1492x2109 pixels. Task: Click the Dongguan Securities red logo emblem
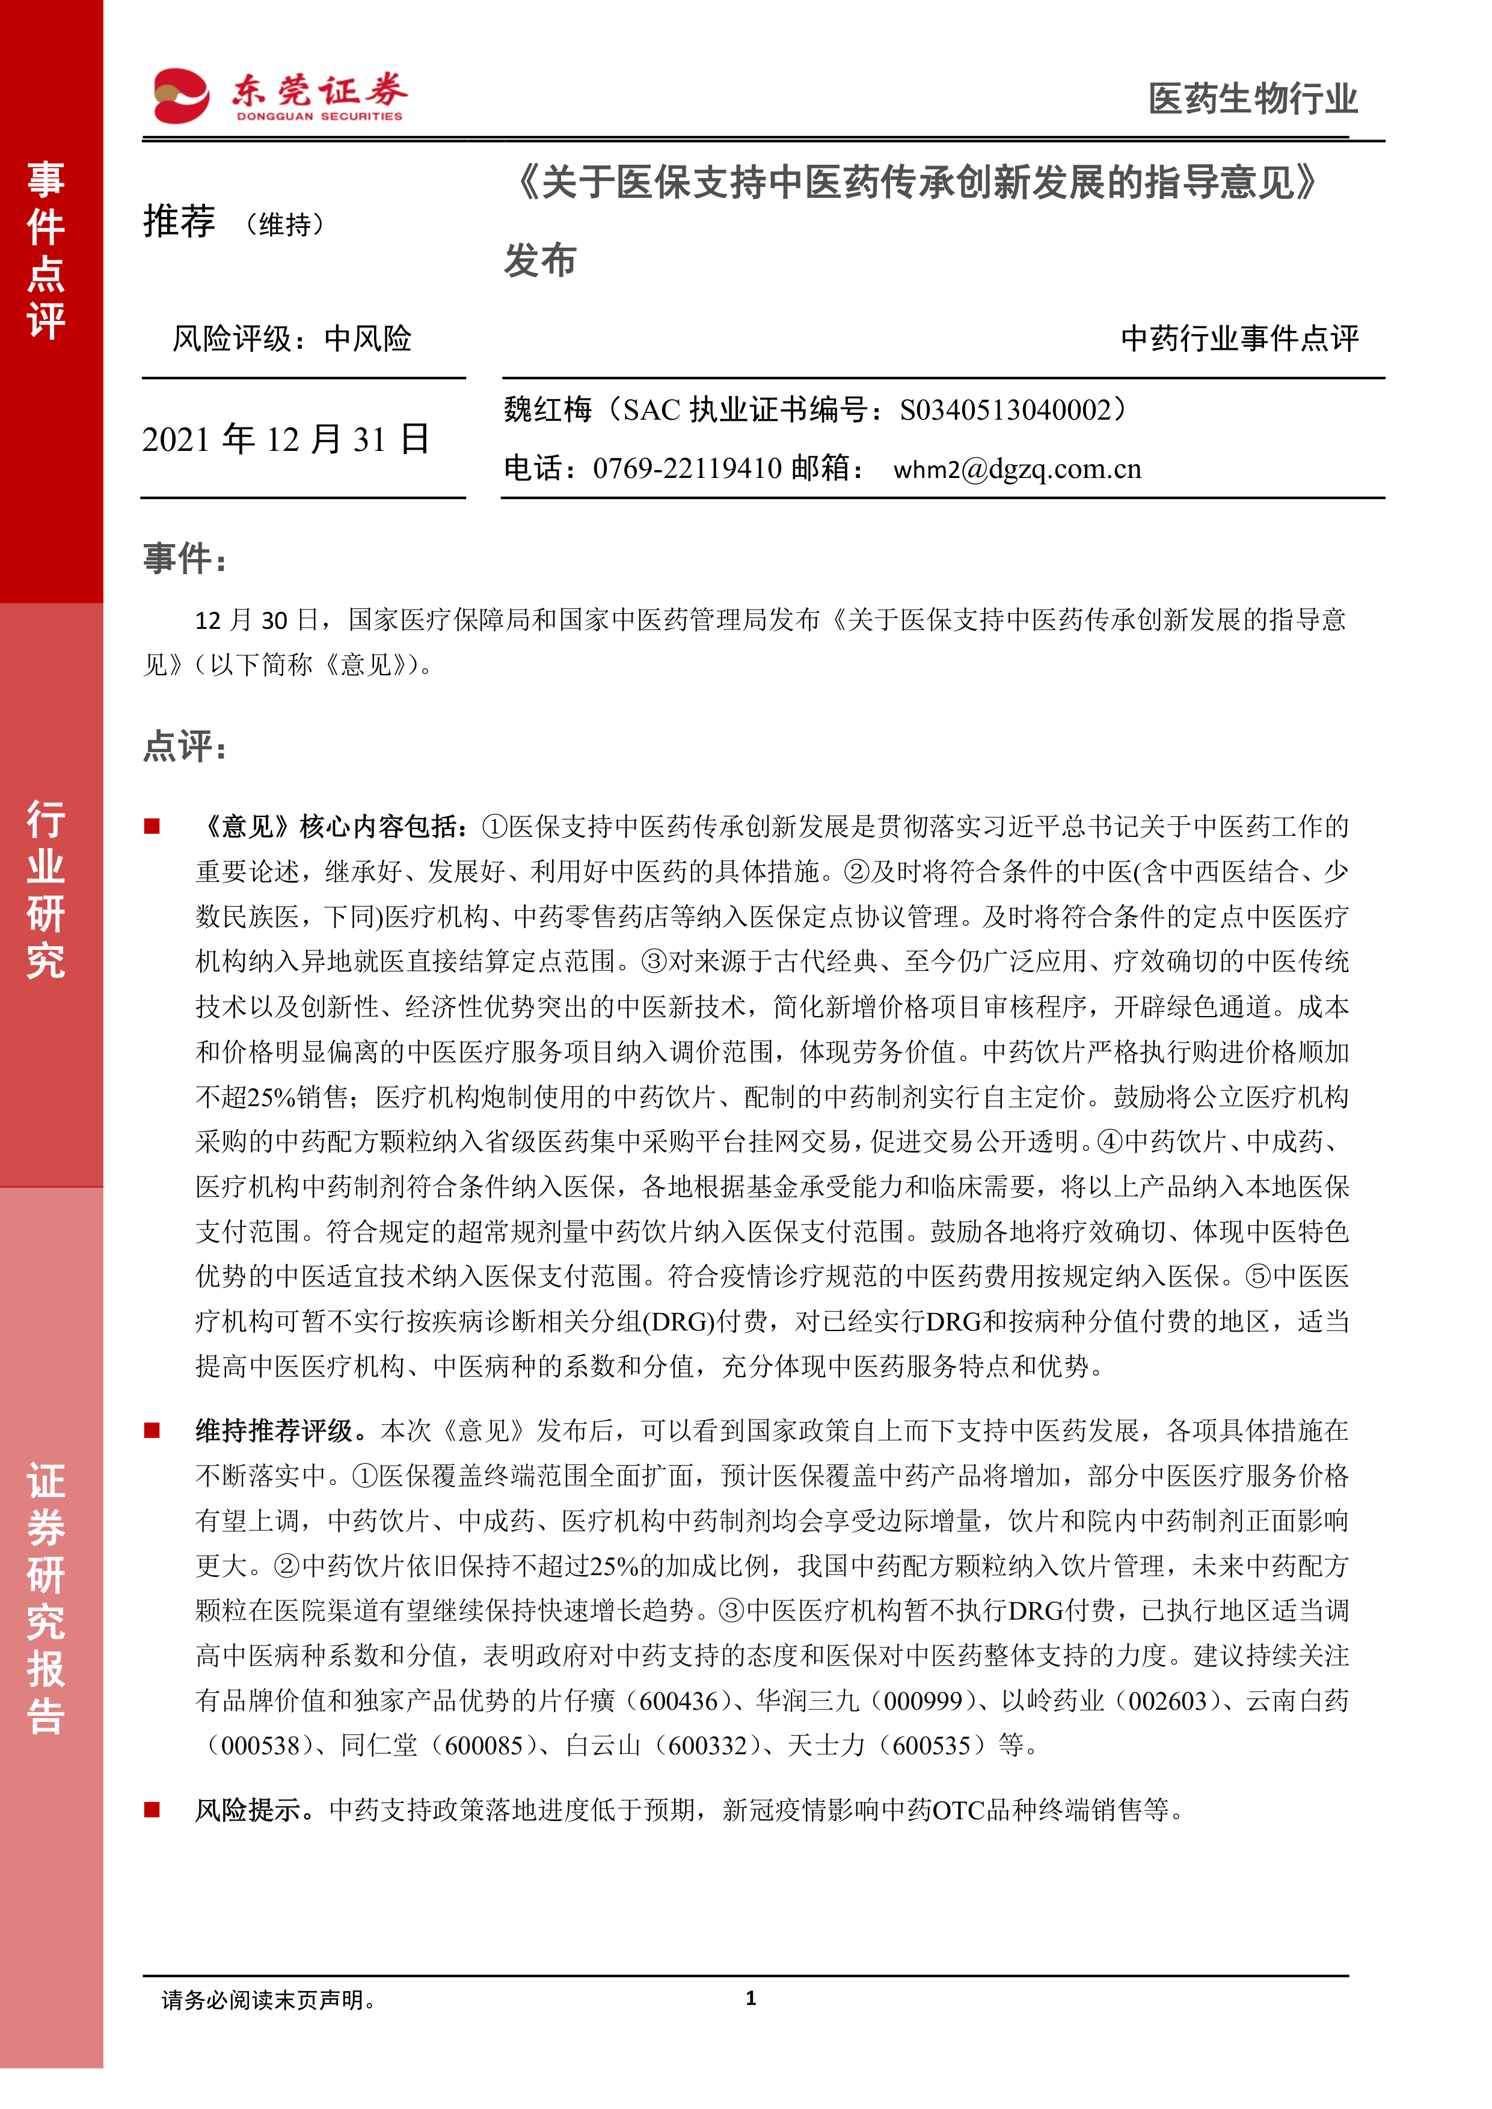pyautogui.click(x=181, y=96)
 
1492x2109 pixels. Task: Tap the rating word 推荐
pyautogui.click(x=179, y=222)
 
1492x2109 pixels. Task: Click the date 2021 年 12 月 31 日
pyautogui.click(x=286, y=439)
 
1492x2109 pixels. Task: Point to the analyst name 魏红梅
pyautogui.click(x=548, y=409)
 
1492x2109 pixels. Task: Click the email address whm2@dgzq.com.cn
pyautogui.click(x=1017, y=470)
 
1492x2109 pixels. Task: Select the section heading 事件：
pyautogui.click(x=185, y=557)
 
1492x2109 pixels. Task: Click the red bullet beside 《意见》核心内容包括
pyautogui.click(x=153, y=826)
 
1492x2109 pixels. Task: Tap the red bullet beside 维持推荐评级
pyautogui.click(x=153, y=1430)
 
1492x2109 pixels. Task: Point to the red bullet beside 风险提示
pyautogui.click(x=153, y=1810)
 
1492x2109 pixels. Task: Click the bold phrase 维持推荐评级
pyautogui.click(x=274, y=1430)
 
